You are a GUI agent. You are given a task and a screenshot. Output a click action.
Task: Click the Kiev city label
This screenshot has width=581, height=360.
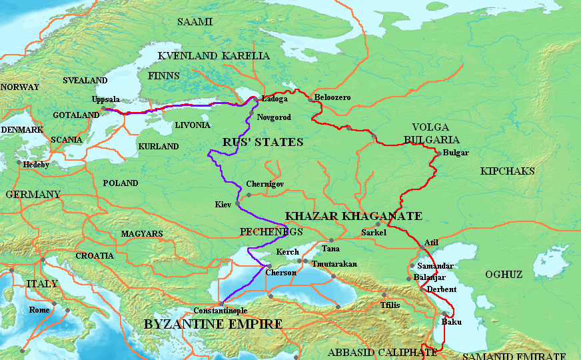pos(222,203)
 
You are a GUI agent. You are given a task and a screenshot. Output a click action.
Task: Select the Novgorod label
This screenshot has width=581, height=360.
pos(273,117)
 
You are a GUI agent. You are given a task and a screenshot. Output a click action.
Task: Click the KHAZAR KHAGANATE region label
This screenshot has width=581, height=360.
pos(353,216)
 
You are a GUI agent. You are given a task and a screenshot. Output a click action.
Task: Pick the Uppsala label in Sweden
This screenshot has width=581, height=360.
pos(107,99)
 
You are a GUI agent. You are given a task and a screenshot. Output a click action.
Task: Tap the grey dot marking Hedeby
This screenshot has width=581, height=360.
pos(19,162)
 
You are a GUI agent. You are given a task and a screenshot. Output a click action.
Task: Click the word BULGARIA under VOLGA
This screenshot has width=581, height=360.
pos(432,139)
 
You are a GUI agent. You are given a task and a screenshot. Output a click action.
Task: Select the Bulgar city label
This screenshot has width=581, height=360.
pos(456,153)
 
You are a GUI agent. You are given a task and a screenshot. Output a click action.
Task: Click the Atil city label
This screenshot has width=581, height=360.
pos(431,242)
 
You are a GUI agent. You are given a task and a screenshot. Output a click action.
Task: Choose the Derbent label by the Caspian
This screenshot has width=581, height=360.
pos(442,289)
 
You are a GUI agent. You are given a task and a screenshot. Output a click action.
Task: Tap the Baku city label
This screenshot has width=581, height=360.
pos(451,322)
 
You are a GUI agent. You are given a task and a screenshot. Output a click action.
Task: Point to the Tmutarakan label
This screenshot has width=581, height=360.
pos(332,264)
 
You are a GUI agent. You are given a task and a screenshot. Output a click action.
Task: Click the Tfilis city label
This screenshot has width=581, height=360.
pos(390,305)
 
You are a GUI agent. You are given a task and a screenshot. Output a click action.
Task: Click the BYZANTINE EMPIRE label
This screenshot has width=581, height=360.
pos(213,324)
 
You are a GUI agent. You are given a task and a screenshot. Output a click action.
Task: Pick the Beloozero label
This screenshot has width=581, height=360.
pos(332,98)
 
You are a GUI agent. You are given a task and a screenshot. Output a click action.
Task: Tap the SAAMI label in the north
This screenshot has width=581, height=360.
pos(195,22)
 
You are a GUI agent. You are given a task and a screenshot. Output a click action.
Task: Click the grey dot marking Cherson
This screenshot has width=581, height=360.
pos(269,266)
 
